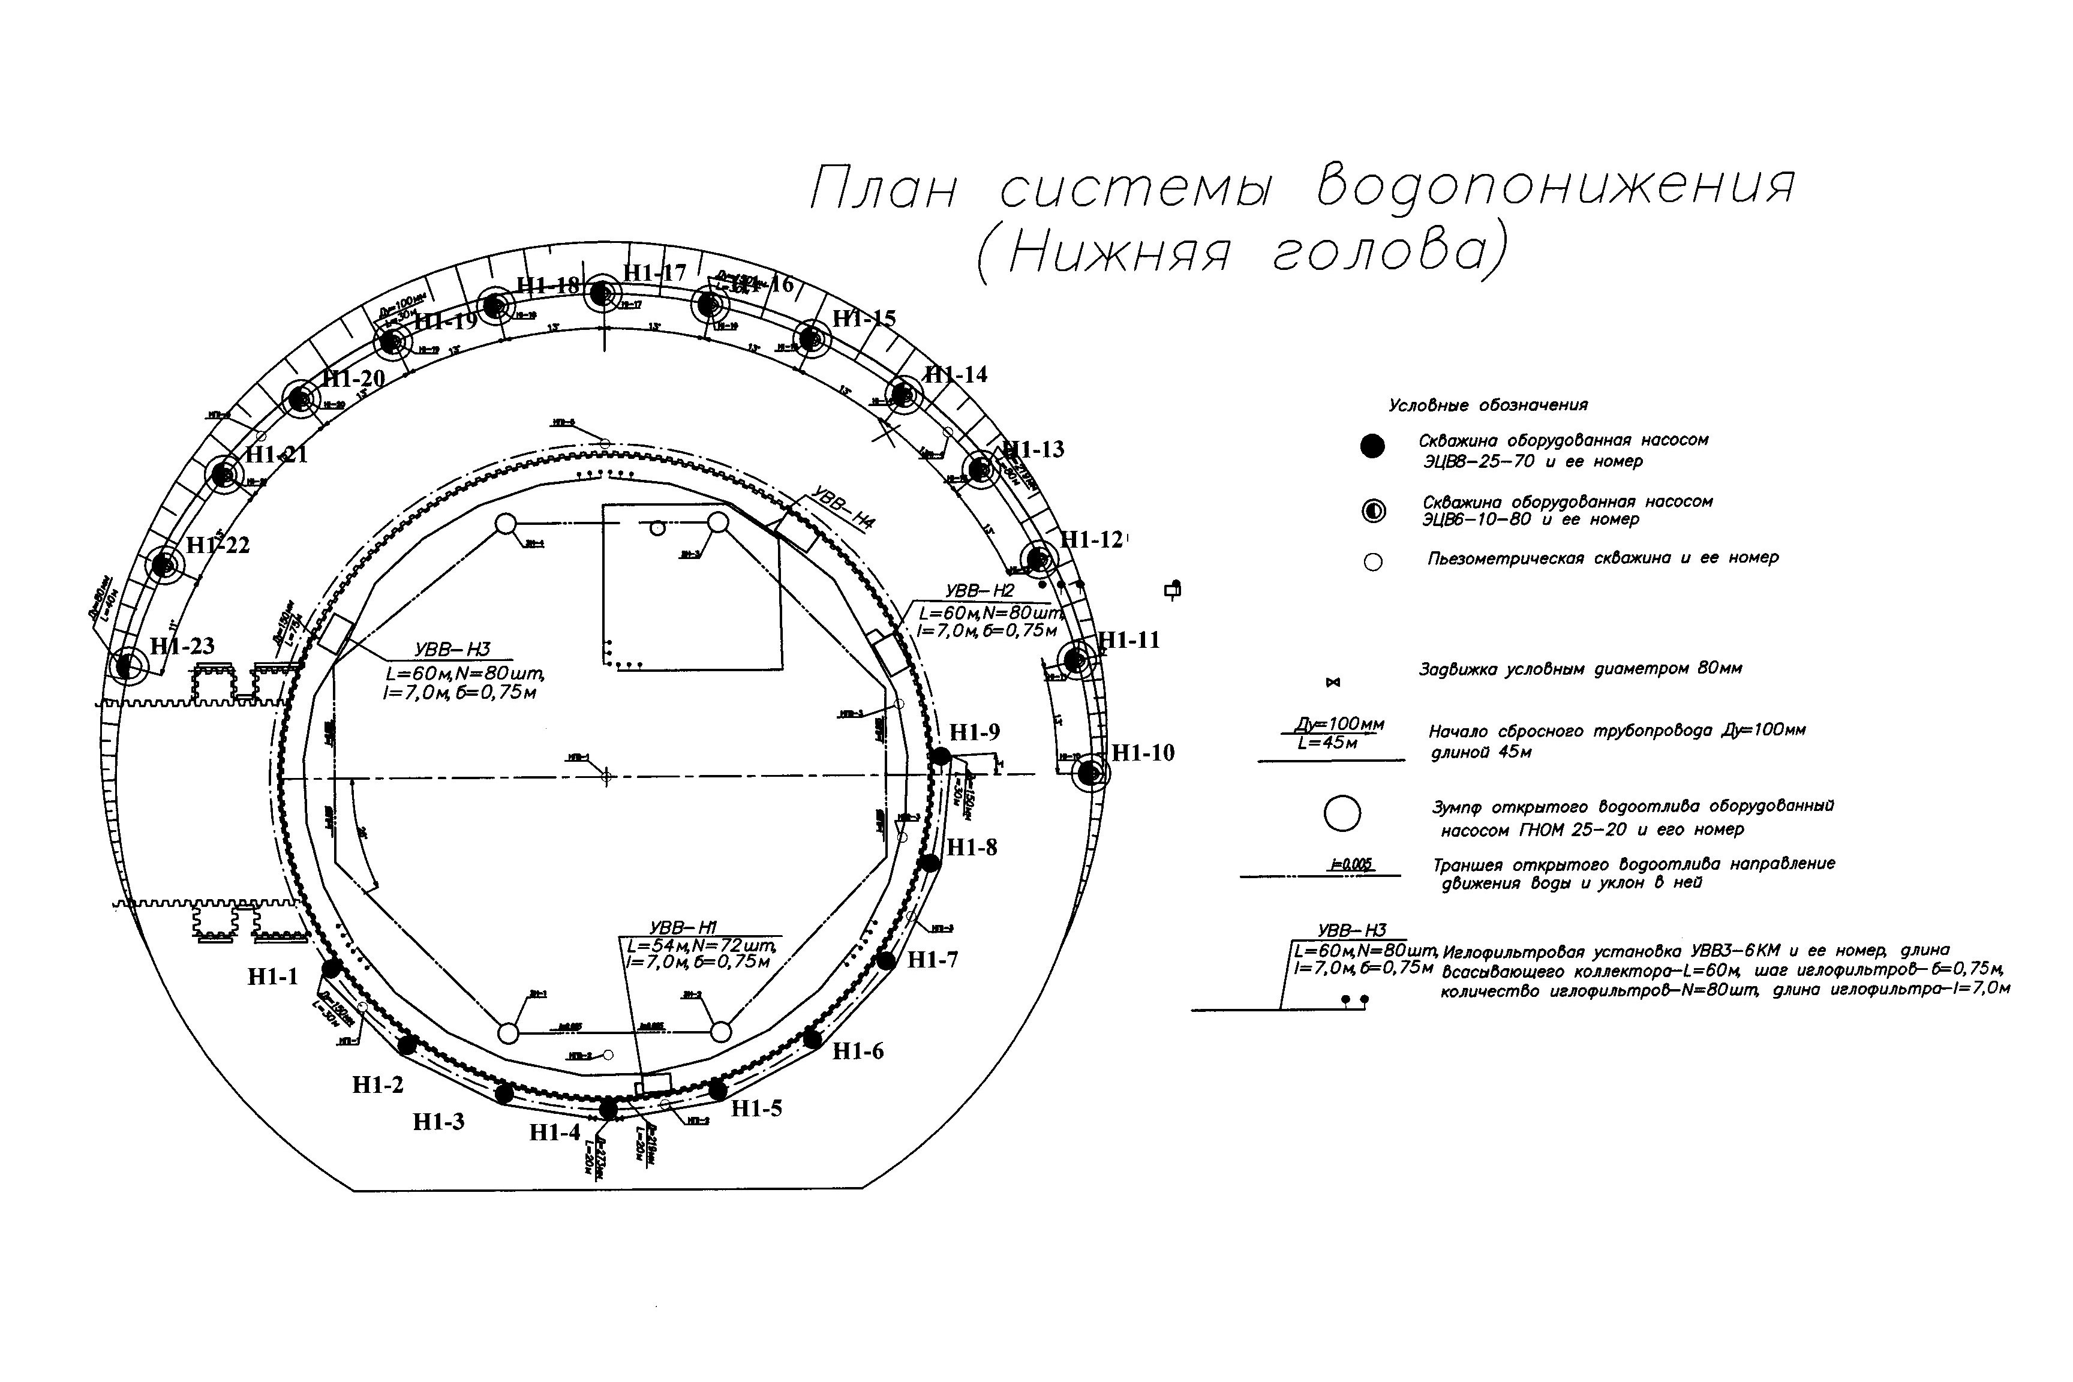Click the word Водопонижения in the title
(x=1555, y=187)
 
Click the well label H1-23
(x=182, y=646)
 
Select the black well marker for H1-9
(x=941, y=756)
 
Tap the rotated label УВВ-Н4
(x=843, y=509)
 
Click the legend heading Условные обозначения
(x=1488, y=405)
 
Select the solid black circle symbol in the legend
(x=1372, y=447)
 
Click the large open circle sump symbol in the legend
(x=1342, y=813)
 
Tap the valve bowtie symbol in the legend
(x=1333, y=682)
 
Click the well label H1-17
(x=654, y=272)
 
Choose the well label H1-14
(x=956, y=374)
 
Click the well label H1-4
(x=555, y=1132)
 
